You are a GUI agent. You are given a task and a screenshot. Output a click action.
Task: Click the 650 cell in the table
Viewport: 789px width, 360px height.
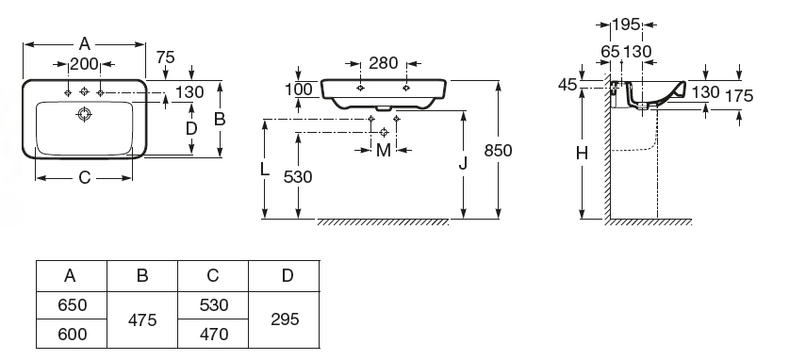pos(72,305)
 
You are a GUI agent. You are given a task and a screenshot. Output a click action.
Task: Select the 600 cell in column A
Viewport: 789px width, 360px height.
pos(72,334)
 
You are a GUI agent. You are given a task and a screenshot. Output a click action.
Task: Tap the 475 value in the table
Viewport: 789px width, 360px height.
pos(142,319)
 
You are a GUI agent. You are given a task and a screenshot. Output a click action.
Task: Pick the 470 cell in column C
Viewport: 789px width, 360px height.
pos(213,334)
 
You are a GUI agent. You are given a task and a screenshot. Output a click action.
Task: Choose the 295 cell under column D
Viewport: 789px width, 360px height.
pos(285,319)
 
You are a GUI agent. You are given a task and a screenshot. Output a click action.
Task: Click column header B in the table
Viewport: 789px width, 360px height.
pos(142,275)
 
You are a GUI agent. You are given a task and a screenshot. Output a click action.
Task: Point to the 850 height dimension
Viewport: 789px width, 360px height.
pos(498,151)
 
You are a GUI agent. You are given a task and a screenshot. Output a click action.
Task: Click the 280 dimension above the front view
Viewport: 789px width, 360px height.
pos(384,63)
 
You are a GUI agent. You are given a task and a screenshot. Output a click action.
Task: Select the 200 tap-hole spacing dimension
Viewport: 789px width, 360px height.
pos(84,64)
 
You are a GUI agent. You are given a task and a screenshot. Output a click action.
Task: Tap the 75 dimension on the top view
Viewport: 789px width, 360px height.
pos(165,57)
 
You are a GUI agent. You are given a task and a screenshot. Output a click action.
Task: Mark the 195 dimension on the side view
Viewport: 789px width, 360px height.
pos(627,25)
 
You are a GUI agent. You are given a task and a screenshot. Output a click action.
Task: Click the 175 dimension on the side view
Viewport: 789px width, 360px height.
pos(739,95)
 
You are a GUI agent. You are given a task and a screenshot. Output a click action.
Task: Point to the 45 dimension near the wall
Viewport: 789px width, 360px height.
pos(567,85)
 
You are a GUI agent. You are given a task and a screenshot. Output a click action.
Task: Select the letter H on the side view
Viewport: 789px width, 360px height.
pos(583,154)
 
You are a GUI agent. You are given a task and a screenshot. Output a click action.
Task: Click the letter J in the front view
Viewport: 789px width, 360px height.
pos(464,163)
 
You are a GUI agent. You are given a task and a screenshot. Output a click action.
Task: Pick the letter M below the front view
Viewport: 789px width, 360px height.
pos(384,151)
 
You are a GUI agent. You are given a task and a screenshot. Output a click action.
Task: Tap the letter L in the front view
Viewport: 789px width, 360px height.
pos(265,170)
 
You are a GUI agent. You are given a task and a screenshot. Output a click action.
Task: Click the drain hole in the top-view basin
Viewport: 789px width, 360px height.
pos(84,114)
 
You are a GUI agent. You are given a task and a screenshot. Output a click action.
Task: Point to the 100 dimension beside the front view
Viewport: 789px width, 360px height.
pos(299,90)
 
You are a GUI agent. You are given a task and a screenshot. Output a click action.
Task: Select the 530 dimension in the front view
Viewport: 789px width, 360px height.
pos(298,177)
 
